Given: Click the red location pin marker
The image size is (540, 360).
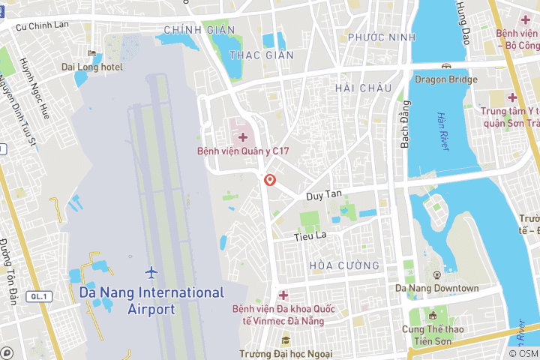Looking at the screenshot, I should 270,180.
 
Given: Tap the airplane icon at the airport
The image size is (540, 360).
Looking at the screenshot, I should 152,271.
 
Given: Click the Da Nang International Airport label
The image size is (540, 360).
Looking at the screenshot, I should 151,300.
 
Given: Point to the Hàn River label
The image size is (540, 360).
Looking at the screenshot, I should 442,131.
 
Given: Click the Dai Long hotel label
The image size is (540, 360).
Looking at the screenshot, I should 92,67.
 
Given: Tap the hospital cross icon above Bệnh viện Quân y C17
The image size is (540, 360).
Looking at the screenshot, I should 243,136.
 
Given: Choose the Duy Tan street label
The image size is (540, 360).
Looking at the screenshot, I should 324,194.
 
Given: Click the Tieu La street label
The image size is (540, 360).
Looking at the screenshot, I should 310,235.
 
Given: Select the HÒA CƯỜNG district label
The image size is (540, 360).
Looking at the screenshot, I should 343,265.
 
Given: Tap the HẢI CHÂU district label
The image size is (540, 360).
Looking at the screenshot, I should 364,88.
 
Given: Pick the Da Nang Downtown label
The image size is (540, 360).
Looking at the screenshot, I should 436,288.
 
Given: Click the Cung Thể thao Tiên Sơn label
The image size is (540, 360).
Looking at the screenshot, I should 433,335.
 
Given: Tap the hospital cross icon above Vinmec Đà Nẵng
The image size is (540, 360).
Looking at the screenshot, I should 283,295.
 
